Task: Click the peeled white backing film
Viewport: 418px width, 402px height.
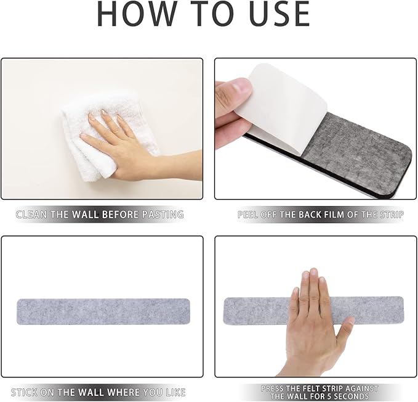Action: pyautogui.click(x=282, y=107)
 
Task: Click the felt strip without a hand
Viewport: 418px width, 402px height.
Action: pyautogui.click(x=103, y=311)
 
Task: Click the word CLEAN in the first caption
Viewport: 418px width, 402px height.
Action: pyautogui.click(x=32, y=215)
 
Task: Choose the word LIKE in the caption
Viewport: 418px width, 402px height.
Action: pyautogui.click(x=175, y=392)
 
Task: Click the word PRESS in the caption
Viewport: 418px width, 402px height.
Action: pyautogui.click(x=273, y=388)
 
